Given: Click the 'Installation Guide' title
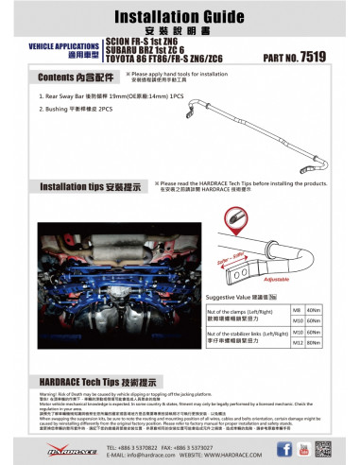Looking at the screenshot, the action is click(x=180, y=17).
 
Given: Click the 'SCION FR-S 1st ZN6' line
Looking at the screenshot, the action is click(x=142, y=43).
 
